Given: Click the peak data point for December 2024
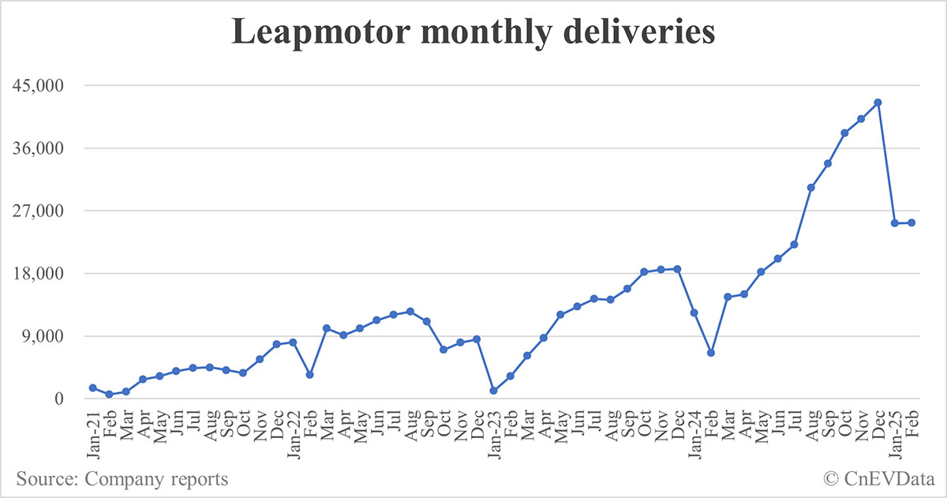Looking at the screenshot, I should point(878,103).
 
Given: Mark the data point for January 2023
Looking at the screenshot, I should point(493,391).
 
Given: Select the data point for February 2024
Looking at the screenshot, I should point(710,353).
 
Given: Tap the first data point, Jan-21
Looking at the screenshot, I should point(93,388).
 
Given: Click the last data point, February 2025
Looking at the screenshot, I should point(911,223).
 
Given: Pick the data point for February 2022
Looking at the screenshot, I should point(309,375).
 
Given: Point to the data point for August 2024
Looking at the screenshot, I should point(810,187).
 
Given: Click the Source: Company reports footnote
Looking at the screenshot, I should point(122,478).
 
